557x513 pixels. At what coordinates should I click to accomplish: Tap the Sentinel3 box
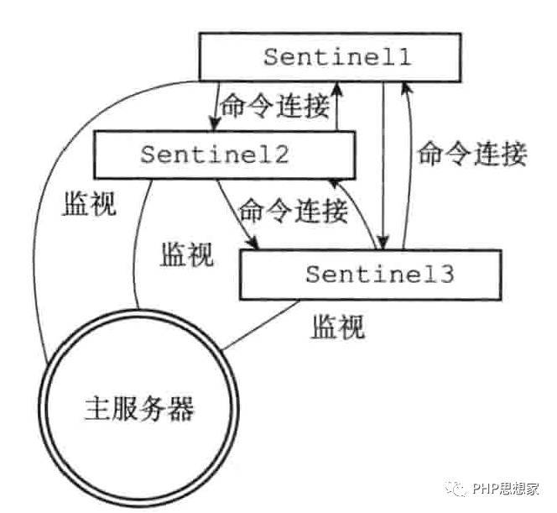(369, 274)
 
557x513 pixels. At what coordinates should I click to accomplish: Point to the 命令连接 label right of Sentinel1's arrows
(472, 154)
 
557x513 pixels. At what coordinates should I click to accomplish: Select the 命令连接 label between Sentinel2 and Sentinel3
(293, 211)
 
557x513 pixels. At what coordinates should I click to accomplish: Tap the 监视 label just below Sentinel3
(338, 327)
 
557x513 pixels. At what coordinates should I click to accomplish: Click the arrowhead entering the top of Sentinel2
(215, 125)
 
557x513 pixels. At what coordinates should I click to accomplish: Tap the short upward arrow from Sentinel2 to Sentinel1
(336, 105)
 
